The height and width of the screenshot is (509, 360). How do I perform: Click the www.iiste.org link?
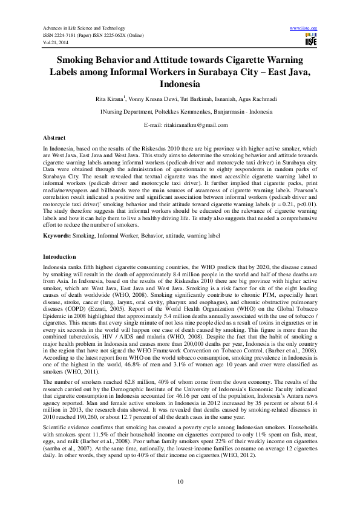304,28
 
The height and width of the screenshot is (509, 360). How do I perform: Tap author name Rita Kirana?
109,98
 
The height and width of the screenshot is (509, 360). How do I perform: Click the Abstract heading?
54,138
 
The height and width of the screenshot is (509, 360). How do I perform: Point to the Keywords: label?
57,234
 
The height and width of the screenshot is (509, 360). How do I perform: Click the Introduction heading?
59,257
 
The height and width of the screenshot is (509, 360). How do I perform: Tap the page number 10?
180,481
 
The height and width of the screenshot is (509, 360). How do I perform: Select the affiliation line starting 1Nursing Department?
179,112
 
